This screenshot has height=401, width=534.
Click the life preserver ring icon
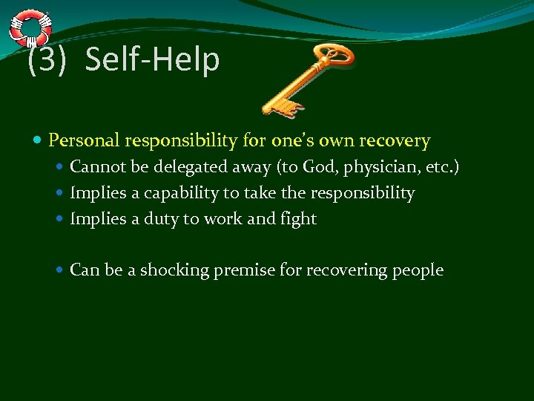tap(30, 27)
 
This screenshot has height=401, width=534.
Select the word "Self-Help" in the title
tap(152, 60)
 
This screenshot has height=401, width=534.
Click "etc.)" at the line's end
tap(442, 169)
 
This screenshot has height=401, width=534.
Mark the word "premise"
tap(245, 270)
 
